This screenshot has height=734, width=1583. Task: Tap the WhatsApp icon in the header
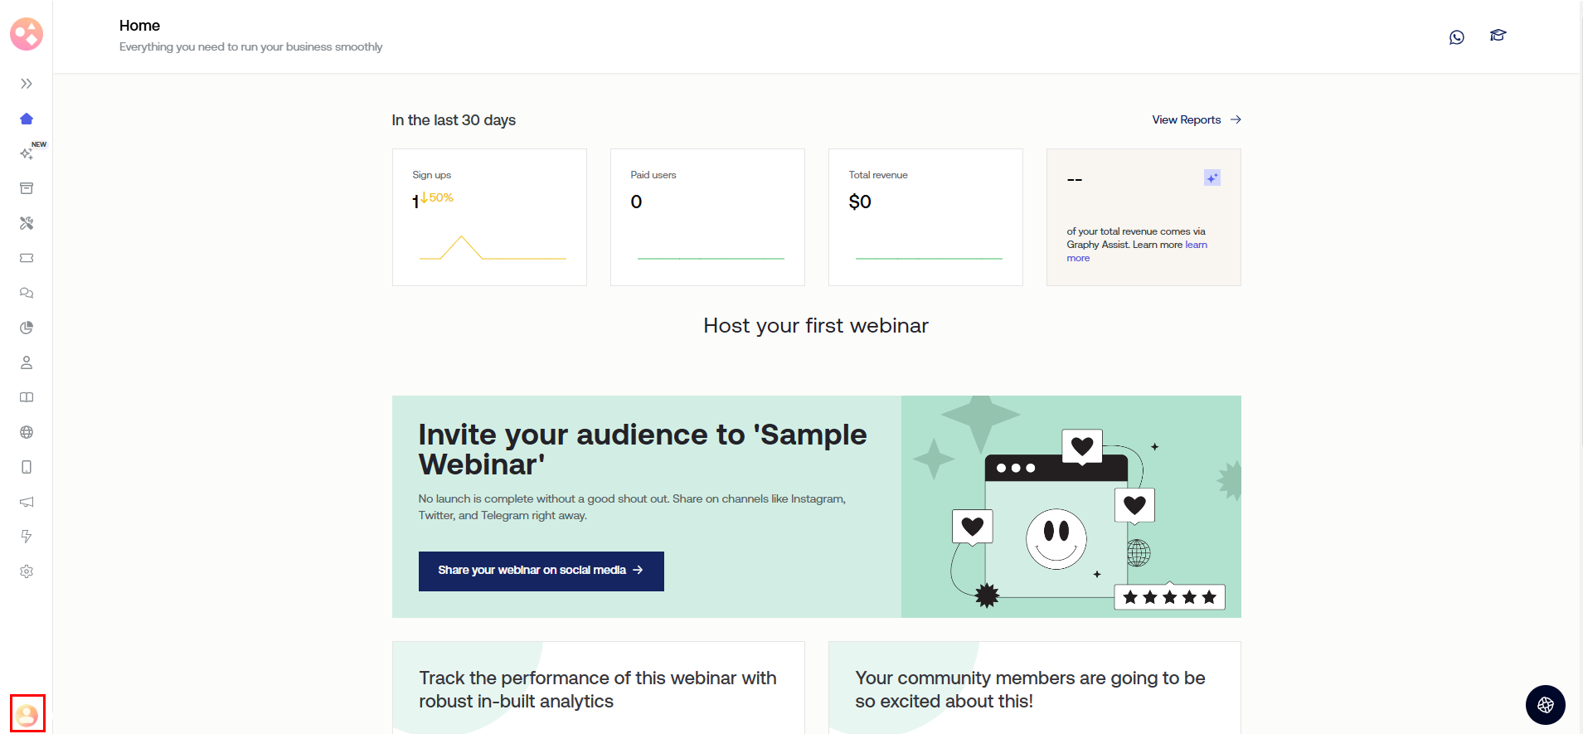click(1457, 37)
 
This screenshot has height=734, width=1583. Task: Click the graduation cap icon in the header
click(1498, 36)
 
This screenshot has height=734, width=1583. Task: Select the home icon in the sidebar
click(27, 119)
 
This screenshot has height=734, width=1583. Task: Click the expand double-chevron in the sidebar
click(27, 84)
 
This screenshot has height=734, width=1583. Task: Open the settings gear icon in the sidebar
click(27, 571)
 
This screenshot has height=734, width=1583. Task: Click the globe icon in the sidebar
click(27, 432)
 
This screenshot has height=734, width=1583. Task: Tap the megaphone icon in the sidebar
click(27, 502)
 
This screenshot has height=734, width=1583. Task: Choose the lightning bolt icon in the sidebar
click(27, 537)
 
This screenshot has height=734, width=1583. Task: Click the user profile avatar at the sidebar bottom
click(27, 714)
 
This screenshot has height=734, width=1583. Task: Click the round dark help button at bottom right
click(1546, 705)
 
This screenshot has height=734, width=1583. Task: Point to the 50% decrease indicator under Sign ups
click(436, 197)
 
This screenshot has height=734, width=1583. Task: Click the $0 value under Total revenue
click(860, 202)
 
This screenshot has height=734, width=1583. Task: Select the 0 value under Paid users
click(636, 202)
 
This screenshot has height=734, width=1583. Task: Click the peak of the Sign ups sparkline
click(461, 237)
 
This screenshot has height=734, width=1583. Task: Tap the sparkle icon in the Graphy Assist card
click(1212, 177)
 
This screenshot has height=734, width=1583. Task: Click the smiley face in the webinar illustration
click(1056, 539)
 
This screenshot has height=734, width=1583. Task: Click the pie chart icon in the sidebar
click(27, 328)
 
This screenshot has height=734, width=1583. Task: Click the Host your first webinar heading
click(816, 326)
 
